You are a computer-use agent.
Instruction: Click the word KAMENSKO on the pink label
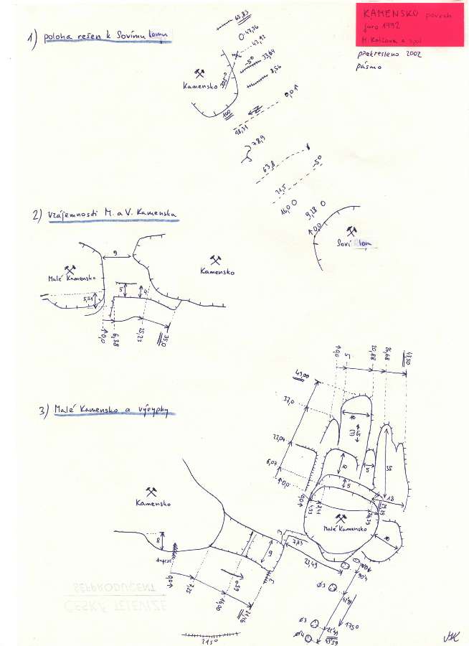pos(388,13)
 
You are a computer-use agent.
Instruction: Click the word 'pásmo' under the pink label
pos(369,67)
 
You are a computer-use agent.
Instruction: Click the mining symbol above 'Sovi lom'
pos(351,230)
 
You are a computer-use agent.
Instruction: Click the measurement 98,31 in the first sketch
pos(241,128)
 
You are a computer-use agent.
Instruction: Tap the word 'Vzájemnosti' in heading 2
pos(72,216)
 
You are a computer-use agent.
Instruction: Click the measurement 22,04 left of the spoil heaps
pos(275,438)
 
